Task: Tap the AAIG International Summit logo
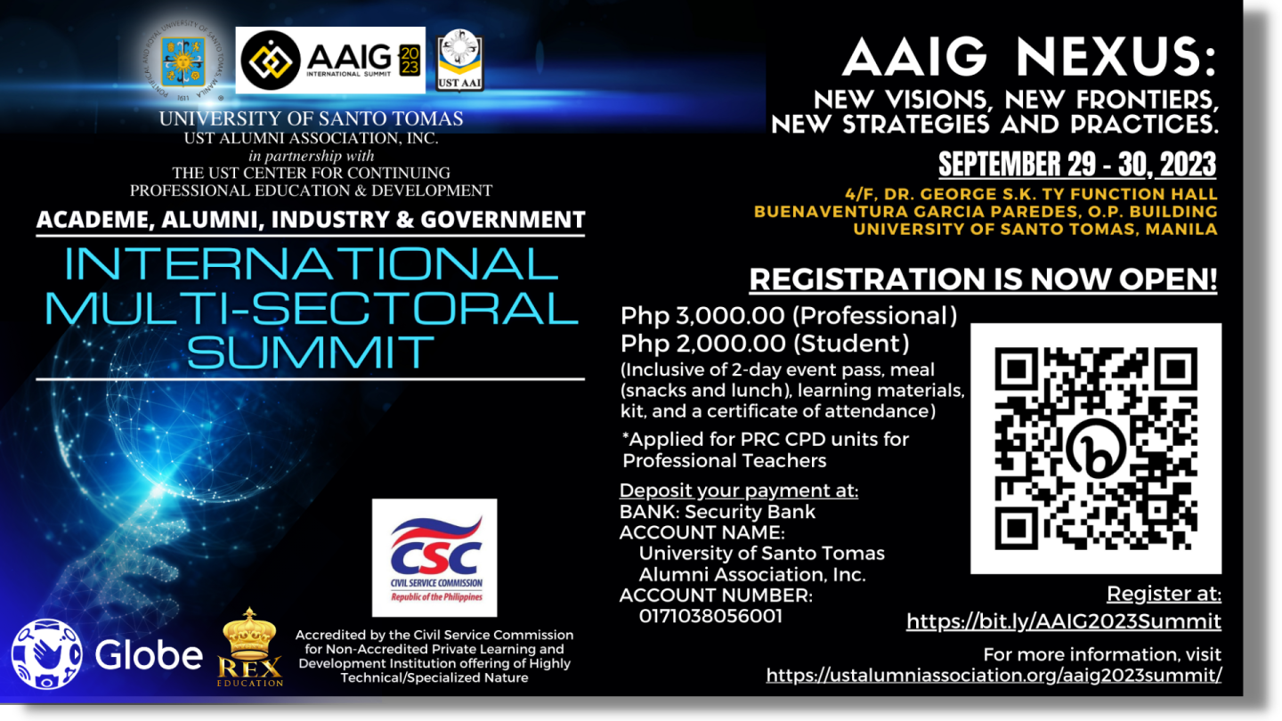[x=330, y=61]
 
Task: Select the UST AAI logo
[x=460, y=61]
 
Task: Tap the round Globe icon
[x=46, y=654]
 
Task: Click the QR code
[x=1096, y=449]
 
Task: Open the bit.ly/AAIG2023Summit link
[x=1063, y=621]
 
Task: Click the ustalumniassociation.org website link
[x=993, y=675]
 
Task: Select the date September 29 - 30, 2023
[x=1077, y=165]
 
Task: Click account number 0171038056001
[x=710, y=616]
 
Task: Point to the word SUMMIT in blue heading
[x=311, y=352]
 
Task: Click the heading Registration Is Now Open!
[x=983, y=279]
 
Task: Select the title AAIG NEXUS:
[x=1029, y=59]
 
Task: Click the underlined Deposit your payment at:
[x=739, y=490]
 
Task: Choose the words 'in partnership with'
[x=312, y=157]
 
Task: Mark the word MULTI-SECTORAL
[x=311, y=308]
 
